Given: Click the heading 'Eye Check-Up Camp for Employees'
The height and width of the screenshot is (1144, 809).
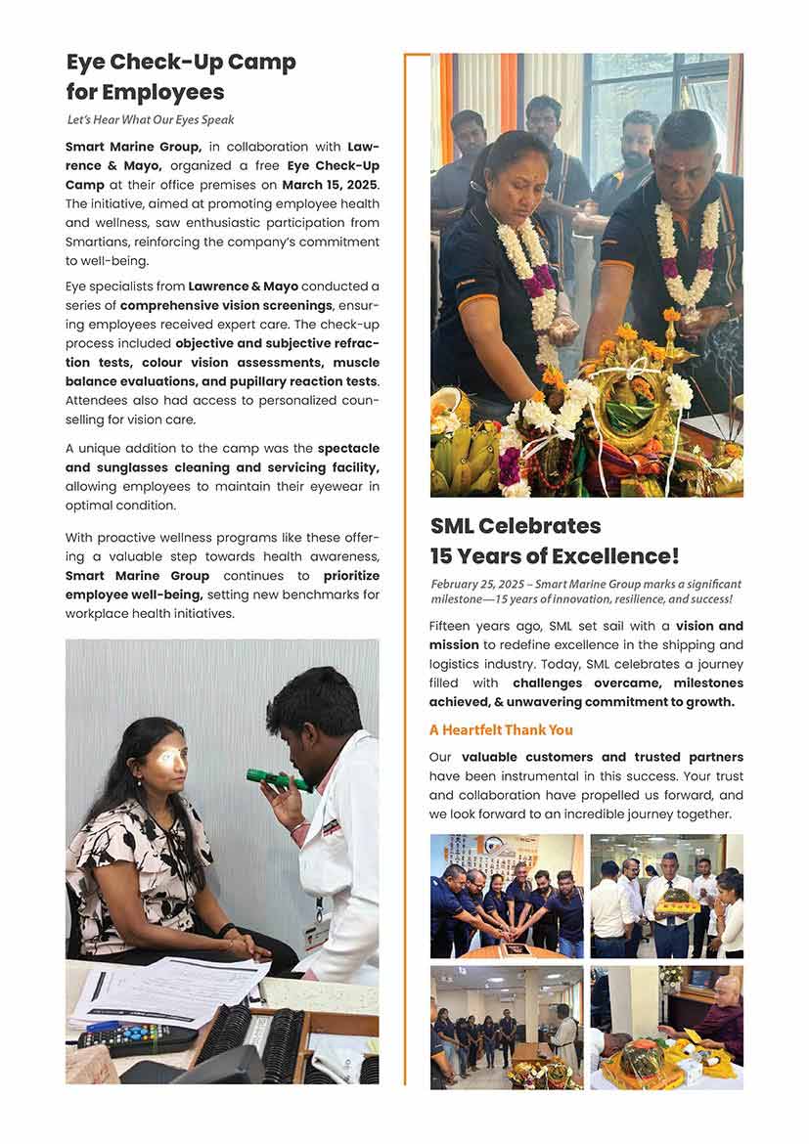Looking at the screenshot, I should click(181, 77).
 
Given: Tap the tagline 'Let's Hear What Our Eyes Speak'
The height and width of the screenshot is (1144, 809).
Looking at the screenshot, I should click(151, 120).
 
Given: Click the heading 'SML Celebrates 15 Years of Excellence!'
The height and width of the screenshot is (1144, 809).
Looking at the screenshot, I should click(554, 541).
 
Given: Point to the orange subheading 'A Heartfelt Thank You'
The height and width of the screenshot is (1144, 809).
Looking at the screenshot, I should click(501, 729).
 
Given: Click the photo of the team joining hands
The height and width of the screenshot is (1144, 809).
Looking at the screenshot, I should click(507, 896).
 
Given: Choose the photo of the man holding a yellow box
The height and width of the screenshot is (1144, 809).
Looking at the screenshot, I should click(666, 896).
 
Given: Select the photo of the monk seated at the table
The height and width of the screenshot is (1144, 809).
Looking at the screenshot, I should click(666, 1028).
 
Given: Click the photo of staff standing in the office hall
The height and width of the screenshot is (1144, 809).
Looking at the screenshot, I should click(507, 1028).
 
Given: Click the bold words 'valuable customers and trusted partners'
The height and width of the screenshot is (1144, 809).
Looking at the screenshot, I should click(602, 757).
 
